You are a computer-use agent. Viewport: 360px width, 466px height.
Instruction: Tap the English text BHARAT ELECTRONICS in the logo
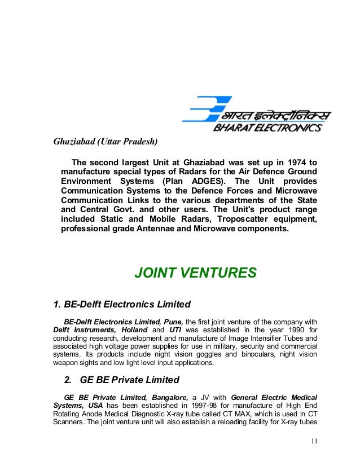267,128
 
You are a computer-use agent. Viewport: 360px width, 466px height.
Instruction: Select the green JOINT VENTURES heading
195,274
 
